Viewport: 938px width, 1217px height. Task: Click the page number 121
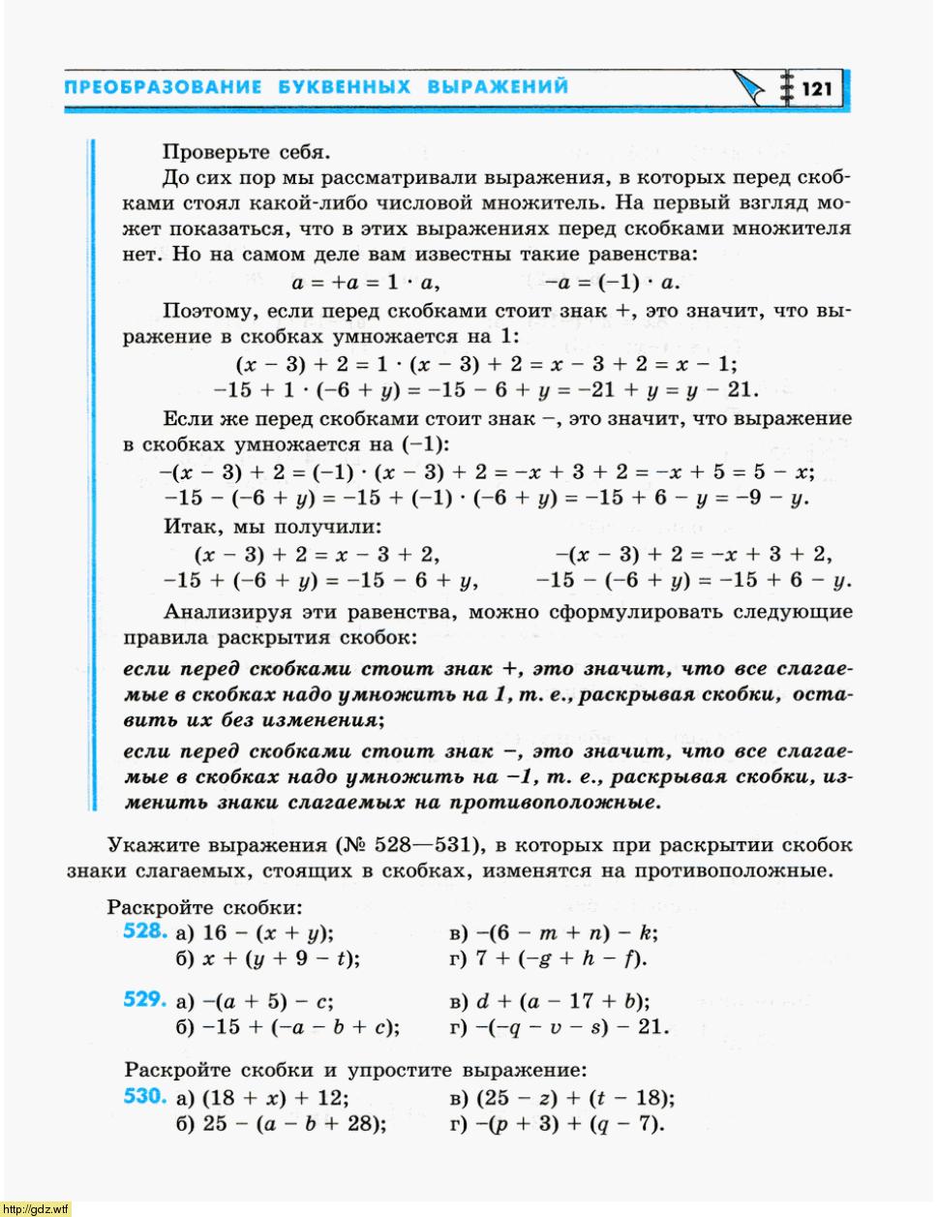(x=817, y=89)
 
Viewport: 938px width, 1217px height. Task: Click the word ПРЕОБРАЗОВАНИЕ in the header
(x=163, y=87)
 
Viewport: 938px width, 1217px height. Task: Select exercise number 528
(x=145, y=931)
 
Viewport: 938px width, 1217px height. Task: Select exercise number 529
(x=145, y=1000)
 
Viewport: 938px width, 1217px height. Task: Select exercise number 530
(x=145, y=1097)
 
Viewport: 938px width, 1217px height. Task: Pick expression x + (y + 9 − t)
(x=281, y=958)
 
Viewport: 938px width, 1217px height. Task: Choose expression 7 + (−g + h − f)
(x=561, y=958)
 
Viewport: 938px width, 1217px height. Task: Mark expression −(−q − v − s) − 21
(x=571, y=1027)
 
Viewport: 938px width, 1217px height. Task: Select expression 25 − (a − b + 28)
(x=294, y=1124)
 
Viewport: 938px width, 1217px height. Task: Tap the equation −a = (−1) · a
(x=612, y=283)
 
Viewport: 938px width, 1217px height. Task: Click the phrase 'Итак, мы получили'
(x=272, y=528)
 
